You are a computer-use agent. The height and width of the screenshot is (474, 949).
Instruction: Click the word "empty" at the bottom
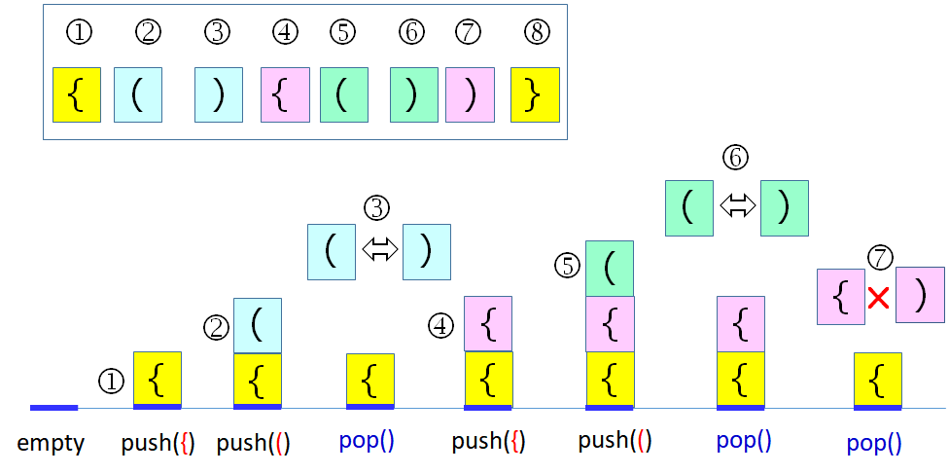pyautogui.click(x=51, y=444)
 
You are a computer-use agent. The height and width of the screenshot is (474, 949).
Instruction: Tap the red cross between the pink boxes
pyautogui.click(x=879, y=299)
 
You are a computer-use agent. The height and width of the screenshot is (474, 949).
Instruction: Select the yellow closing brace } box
pyautogui.click(x=536, y=94)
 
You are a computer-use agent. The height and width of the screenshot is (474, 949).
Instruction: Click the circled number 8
pyautogui.click(x=536, y=32)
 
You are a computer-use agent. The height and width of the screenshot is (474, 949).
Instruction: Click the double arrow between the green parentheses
pyautogui.click(x=738, y=205)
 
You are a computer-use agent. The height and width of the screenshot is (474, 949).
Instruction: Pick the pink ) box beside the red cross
pyautogui.click(x=920, y=295)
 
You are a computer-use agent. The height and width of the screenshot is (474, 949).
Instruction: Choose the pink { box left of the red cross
pyautogui.click(x=842, y=297)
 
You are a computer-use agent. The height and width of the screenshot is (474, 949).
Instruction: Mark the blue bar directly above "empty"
pyautogui.click(x=53, y=407)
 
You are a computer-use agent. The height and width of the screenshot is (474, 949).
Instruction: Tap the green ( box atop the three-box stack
pyautogui.click(x=610, y=268)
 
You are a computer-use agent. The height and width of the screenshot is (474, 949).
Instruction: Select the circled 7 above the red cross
pyautogui.click(x=879, y=257)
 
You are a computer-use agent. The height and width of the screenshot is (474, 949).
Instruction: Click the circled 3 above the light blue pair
pyautogui.click(x=376, y=207)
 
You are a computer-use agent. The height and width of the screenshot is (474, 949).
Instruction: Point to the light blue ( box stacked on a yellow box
pyautogui.click(x=258, y=325)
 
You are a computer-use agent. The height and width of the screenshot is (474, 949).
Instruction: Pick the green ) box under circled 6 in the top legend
pyautogui.click(x=413, y=94)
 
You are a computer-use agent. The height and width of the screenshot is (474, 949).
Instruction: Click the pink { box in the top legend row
pyautogui.click(x=286, y=94)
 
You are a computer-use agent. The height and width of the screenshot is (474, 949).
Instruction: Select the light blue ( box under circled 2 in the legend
pyautogui.click(x=138, y=94)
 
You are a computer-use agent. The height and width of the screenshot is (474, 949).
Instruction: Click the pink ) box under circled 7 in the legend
pyautogui.click(x=470, y=94)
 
